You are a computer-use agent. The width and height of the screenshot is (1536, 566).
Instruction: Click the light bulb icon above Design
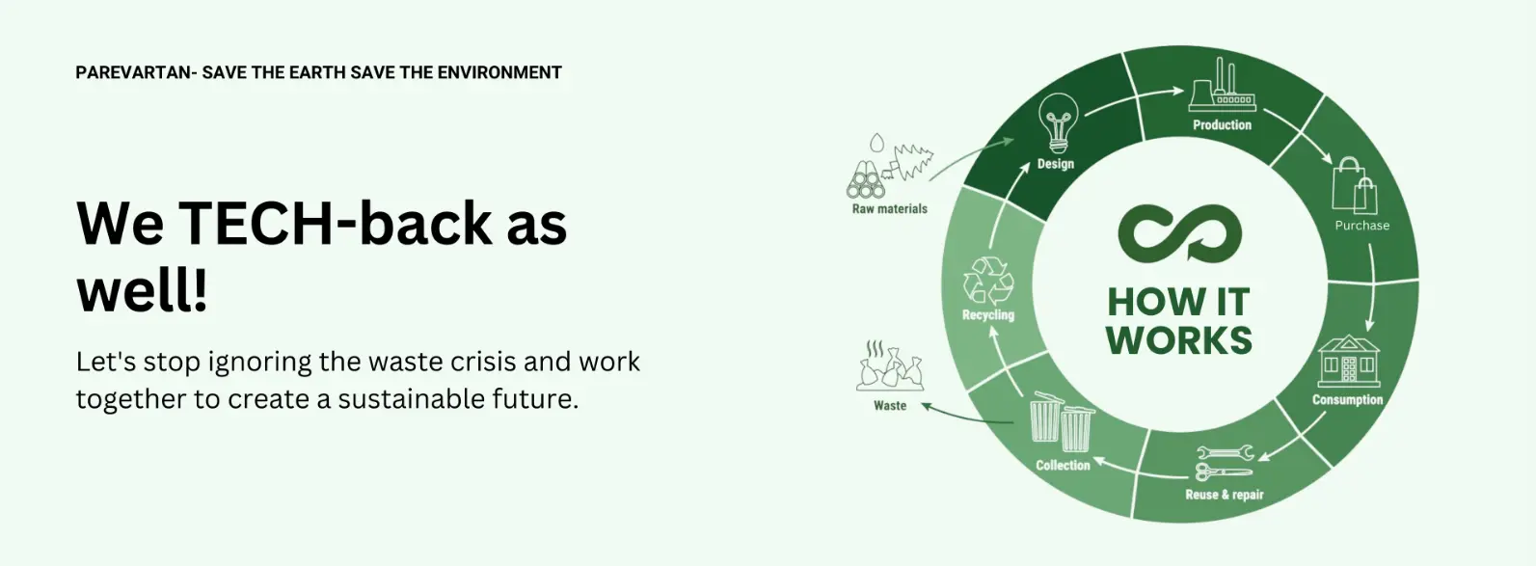coord(1058,122)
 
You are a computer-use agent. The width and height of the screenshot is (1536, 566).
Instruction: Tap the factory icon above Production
coord(1223,85)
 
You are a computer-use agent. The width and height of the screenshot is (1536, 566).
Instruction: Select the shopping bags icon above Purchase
coord(1354,185)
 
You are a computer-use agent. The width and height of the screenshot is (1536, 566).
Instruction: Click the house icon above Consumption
coord(1349,361)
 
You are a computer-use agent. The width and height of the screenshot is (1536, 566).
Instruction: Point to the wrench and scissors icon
coord(1225,463)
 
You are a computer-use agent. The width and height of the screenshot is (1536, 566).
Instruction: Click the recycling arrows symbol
coord(988,280)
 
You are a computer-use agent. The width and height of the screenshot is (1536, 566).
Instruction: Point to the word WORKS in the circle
coord(1179,340)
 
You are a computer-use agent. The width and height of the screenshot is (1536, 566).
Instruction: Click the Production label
coord(1222,124)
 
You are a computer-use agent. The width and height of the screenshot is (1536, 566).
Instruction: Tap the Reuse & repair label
coord(1224,495)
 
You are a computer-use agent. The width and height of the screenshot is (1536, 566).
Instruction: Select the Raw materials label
coord(889,208)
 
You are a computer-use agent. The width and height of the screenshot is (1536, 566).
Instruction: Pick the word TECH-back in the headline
coord(335,223)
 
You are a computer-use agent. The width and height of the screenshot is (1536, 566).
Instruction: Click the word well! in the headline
coord(142,291)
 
